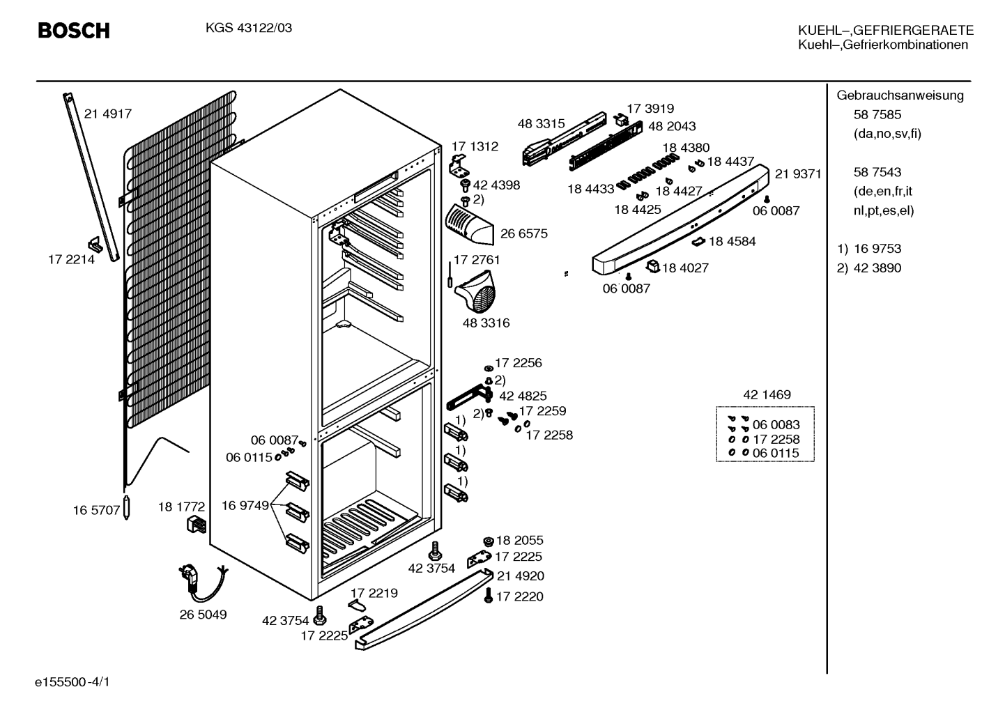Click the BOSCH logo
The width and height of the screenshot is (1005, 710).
[74, 31]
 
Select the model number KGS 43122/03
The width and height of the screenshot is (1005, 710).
[249, 28]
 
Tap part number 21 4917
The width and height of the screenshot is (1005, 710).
[108, 114]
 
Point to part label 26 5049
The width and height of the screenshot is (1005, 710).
[204, 615]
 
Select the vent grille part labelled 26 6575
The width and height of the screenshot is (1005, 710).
[469, 225]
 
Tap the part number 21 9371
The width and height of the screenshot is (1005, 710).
[798, 174]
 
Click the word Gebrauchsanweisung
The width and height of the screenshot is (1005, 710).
[900, 95]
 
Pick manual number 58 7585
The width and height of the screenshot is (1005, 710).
[877, 115]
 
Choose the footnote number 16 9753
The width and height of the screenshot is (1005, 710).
[877, 249]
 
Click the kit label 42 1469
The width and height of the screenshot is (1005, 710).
[767, 394]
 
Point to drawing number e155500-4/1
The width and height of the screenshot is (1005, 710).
[72, 682]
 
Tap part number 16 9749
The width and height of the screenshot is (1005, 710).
[245, 505]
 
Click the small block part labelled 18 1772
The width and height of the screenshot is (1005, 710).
[196, 524]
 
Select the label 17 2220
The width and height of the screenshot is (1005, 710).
[519, 596]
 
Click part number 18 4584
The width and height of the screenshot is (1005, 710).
[732, 241]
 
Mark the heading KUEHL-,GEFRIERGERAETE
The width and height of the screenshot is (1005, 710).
[886, 30]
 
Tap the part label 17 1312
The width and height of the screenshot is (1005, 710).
[475, 146]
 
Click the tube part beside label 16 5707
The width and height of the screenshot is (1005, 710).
[127, 508]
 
